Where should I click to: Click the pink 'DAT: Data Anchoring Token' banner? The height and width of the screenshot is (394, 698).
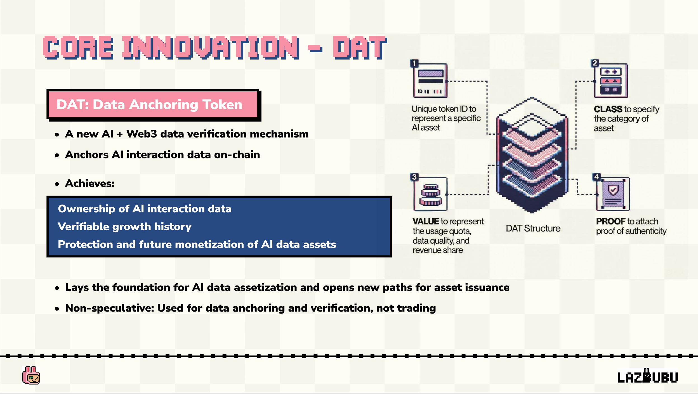tap(153, 105)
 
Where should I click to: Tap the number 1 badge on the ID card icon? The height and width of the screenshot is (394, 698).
tap(414, 63)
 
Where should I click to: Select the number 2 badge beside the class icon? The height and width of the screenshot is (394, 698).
tap(595, 63)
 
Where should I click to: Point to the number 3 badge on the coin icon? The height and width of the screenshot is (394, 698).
tap(414, 177)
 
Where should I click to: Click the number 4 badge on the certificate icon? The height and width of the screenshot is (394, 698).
tap(596, 177)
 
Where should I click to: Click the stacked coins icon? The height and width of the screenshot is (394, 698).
tap(431, 194)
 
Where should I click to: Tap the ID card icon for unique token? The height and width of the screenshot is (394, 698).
tap(430, 81)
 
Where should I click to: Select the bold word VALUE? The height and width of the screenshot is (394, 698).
tap(426, 221)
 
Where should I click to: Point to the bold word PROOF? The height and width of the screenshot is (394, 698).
tap(611, 221)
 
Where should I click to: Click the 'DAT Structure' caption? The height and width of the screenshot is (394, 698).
tap(533, 228)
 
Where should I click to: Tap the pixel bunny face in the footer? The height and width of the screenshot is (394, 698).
tap(31, 375)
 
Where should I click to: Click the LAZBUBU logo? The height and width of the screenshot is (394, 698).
tap(647, 376)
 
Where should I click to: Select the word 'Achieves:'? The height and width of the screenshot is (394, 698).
tap(90, 184)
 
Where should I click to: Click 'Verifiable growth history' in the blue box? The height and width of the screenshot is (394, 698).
tap(125, 227)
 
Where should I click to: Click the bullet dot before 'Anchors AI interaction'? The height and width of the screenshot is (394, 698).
tap(57, 155)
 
